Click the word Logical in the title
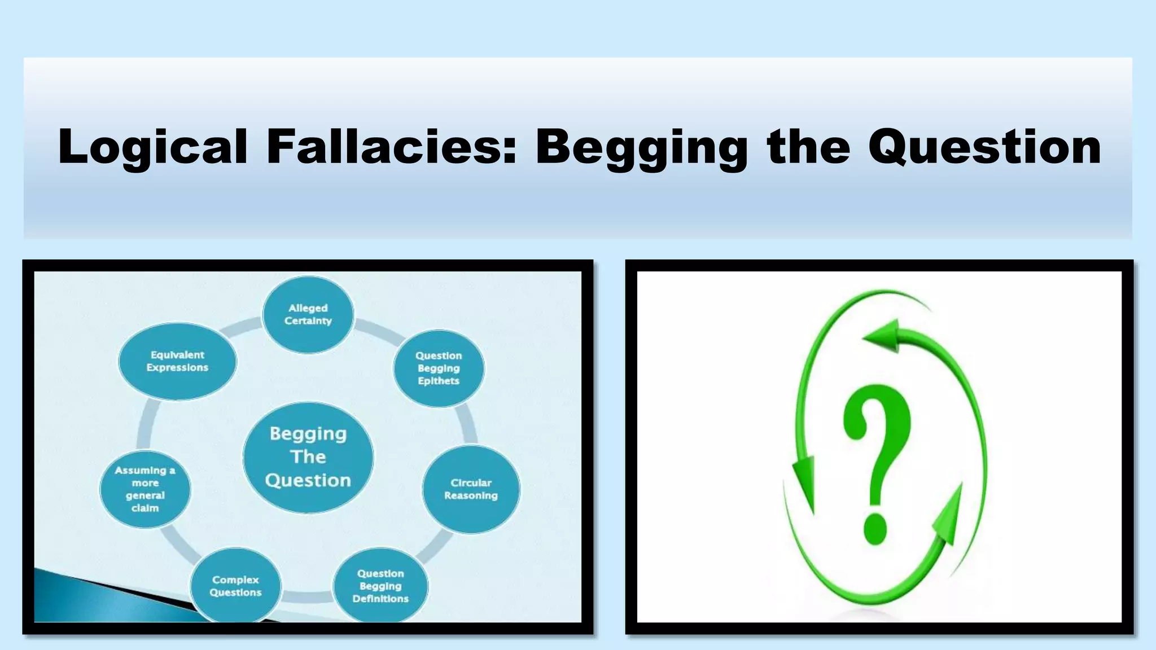pyautogui.click(x=153, y=147)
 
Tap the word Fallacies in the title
pyautogui.click(x=391, y=147)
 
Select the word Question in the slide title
pyautogui.click(x=984, y=147)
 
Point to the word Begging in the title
pyautogui.click(x=641, y=147)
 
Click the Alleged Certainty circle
pyautogui.click(x=308, y=315)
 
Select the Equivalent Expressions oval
pyautogui.click(x=177, y=361)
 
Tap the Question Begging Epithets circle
pyautogui.click(x=439, y=368)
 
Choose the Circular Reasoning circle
pyautogui.click(x=471, y=489)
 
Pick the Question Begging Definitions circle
pyautogui.click(x=380, y=586)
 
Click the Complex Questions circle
pyautogui.click(x=235, y=586)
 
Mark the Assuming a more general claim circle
pyautogui.click(x=145, y=489)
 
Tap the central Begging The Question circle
pyautogui.click(x=308, y=457)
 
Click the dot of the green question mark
pyautogui.click(x=876, y=529)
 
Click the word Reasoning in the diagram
pyautogui.click(x=471, y=496)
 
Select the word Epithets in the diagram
pyautogui.click(x=439, y=381)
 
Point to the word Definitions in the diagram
pyautogui.click(x=380, y=599)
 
